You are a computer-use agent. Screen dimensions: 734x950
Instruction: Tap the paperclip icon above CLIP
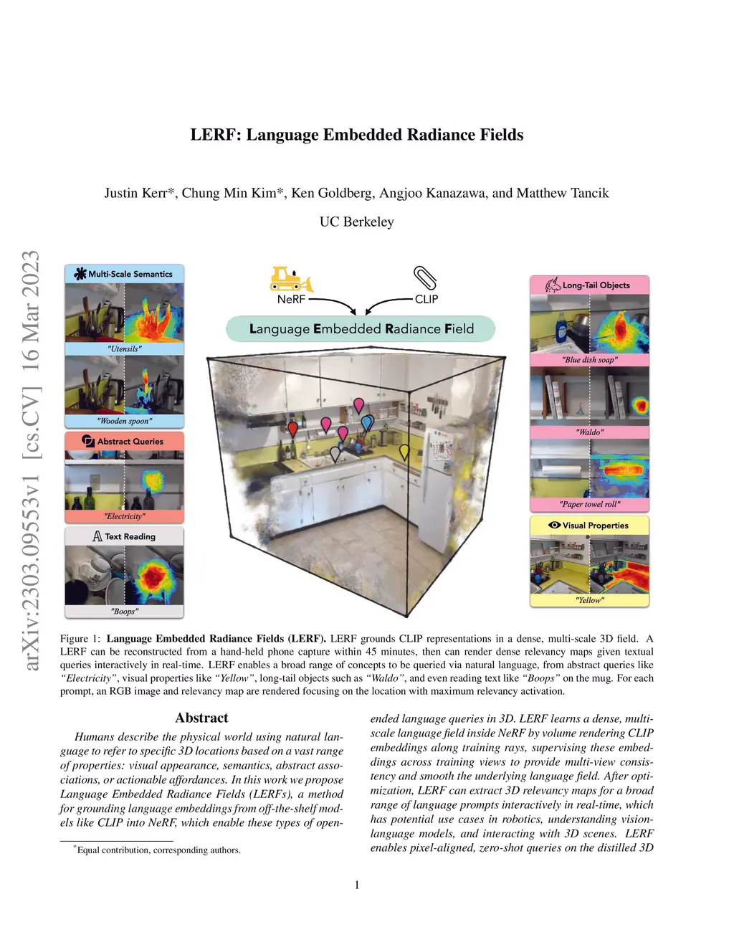point(424,277)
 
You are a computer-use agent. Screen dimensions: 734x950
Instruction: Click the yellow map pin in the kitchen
point(404,452)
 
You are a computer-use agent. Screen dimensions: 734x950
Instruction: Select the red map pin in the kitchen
point(292,429)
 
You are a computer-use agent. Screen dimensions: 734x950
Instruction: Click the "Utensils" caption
point(125,348)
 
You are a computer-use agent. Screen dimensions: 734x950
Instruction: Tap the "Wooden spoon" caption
point(125,421)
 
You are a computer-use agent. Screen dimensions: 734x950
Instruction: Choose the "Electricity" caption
point(125,516)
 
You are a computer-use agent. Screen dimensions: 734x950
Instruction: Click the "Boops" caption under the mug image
point(125,611)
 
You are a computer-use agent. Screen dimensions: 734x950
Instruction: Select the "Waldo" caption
point(590,432)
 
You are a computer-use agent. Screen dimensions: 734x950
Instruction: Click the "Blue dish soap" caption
point(590,359)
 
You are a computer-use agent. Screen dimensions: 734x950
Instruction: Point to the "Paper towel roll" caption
point(590,504)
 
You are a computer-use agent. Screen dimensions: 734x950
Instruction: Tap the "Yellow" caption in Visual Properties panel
point(590,600)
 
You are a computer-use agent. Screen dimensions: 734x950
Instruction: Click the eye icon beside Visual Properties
point(554,525)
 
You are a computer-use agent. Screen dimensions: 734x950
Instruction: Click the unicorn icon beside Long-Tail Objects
point(553,285)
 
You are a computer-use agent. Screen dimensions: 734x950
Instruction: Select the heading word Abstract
point(201,718)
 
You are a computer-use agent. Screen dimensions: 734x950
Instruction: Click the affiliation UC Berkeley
point(356,222)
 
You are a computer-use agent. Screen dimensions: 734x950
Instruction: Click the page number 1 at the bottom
point(357,885)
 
